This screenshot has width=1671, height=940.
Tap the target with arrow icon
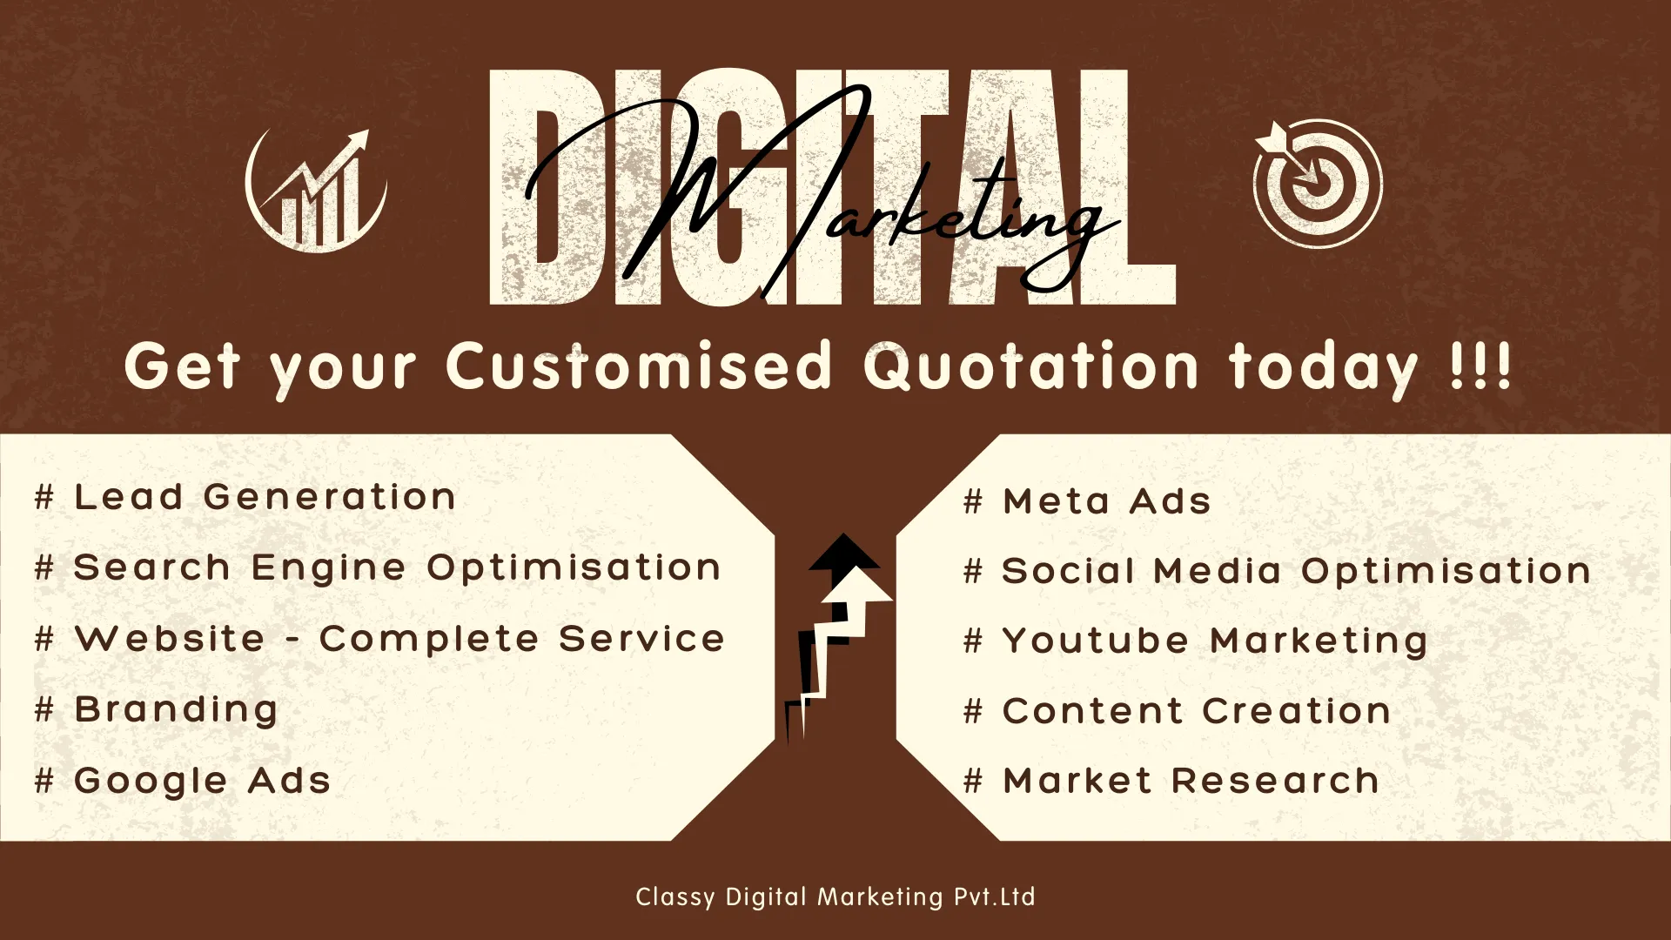(x=1317, y=183)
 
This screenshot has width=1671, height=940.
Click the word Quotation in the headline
(x=1032, y=366)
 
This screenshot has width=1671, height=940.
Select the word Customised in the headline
(x=640, y=366)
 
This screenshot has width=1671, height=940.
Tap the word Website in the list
(x=170, y=638)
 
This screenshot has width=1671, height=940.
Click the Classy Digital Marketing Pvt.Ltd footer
(x=835, y=896)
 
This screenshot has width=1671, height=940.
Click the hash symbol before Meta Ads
(x=973, y=501)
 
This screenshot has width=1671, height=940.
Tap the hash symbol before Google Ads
(x=44, y=781)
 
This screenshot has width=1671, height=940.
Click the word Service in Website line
(x=641, y=638)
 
